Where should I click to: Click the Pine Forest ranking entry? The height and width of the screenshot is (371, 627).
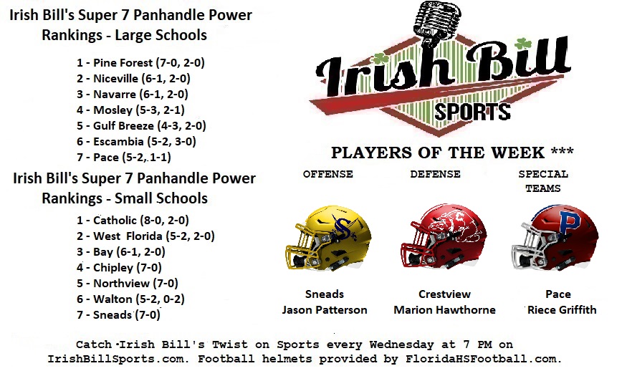(140, 63)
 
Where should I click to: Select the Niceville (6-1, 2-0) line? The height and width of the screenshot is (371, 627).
(133, 78)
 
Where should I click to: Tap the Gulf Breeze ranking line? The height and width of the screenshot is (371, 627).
(141, 125)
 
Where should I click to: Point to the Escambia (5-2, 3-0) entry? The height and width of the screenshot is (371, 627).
(136, 142)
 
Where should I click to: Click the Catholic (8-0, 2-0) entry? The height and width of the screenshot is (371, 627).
(133, 221)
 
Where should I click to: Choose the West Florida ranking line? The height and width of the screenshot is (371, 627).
(145, 236)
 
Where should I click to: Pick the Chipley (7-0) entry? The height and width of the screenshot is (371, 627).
(119, 267)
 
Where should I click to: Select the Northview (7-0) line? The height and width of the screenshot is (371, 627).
(127, 284)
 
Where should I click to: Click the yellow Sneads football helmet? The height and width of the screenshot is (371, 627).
(329, 238)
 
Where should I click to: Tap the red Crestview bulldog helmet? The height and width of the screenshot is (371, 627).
(444, 236)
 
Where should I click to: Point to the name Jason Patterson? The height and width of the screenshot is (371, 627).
(325, 310)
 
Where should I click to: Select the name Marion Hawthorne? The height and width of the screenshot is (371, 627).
(444, 310)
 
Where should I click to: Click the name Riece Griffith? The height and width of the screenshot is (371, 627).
(561, 310)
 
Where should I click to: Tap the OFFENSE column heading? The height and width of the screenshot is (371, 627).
(328, 174)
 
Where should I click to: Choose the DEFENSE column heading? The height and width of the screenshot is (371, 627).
(435, 174)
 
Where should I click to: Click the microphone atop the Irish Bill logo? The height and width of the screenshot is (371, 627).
(437, 22)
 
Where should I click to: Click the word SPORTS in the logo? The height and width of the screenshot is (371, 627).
(472, 112)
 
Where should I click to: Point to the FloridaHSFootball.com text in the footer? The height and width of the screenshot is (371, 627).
(484, 359)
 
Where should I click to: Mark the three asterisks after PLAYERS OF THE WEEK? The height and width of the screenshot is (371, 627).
(562, 151)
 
